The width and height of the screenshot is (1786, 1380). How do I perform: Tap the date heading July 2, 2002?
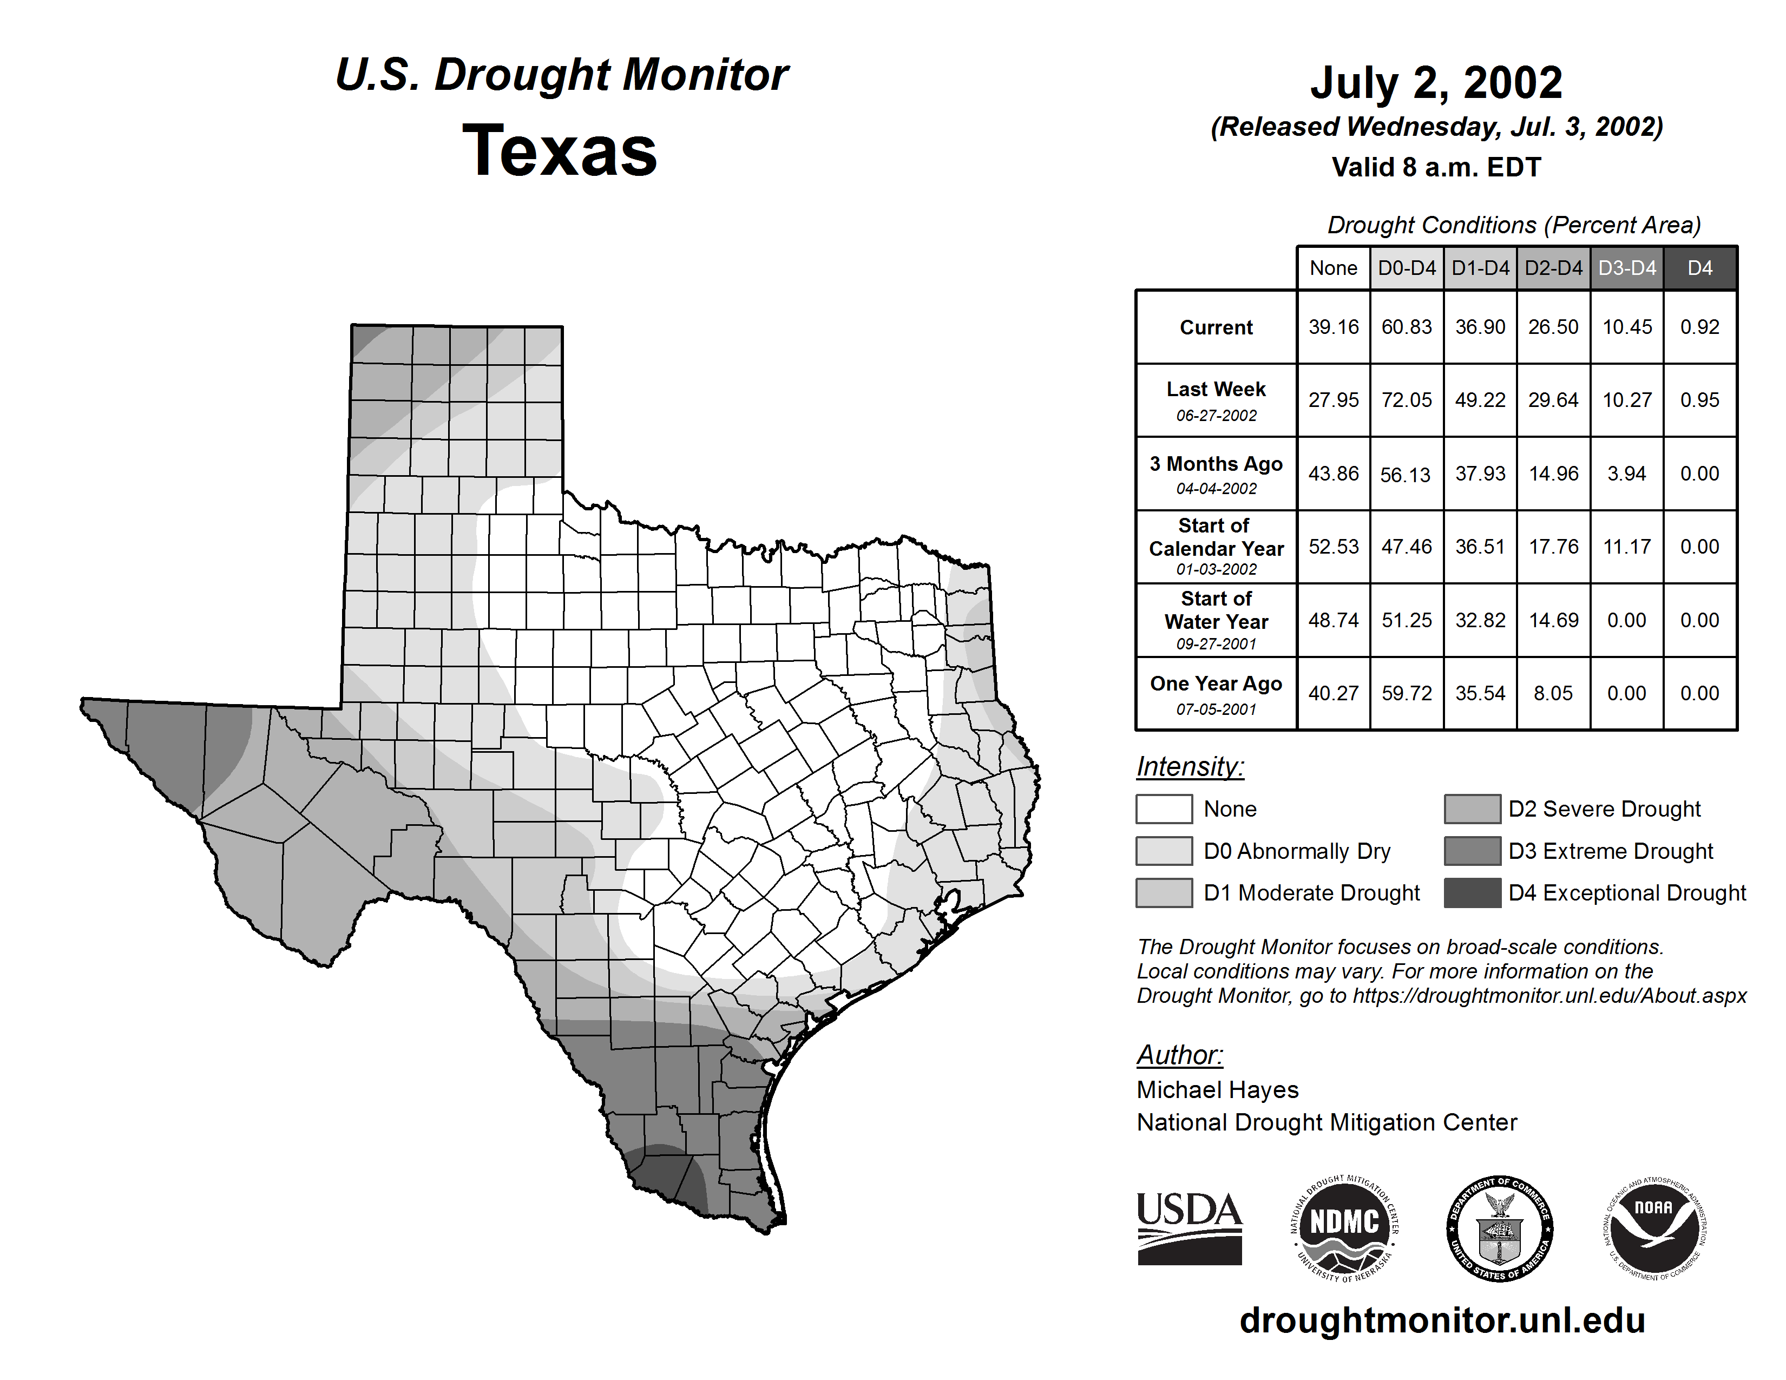point(1436,83)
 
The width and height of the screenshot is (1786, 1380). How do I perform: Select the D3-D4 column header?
point(1626,268)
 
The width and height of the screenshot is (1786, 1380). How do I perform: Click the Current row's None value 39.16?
point(1333,327)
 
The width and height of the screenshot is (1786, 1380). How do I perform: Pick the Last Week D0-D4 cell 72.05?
point(1407,400)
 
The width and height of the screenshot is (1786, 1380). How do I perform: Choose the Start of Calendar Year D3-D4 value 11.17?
point(1626,546)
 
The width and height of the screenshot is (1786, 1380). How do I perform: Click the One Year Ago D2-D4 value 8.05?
point(1553,693)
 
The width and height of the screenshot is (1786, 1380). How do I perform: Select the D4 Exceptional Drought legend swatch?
point(1472,893)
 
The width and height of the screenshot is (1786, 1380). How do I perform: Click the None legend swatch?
point(1164,809)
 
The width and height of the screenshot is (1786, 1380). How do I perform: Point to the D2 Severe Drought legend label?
point(1605,809)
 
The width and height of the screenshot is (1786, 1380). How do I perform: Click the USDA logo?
point(1189,1228)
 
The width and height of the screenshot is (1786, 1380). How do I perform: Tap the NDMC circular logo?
point(1344,1228)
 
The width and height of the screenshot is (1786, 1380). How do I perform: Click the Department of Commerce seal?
point(1499,1228)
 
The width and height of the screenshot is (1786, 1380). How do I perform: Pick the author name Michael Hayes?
point(1217,1090)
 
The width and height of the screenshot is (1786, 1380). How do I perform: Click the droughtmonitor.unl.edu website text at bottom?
point(1442,1320)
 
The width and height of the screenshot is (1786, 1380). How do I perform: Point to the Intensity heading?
point(1190,767)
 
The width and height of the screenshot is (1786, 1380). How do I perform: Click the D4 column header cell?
point(1699,268)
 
